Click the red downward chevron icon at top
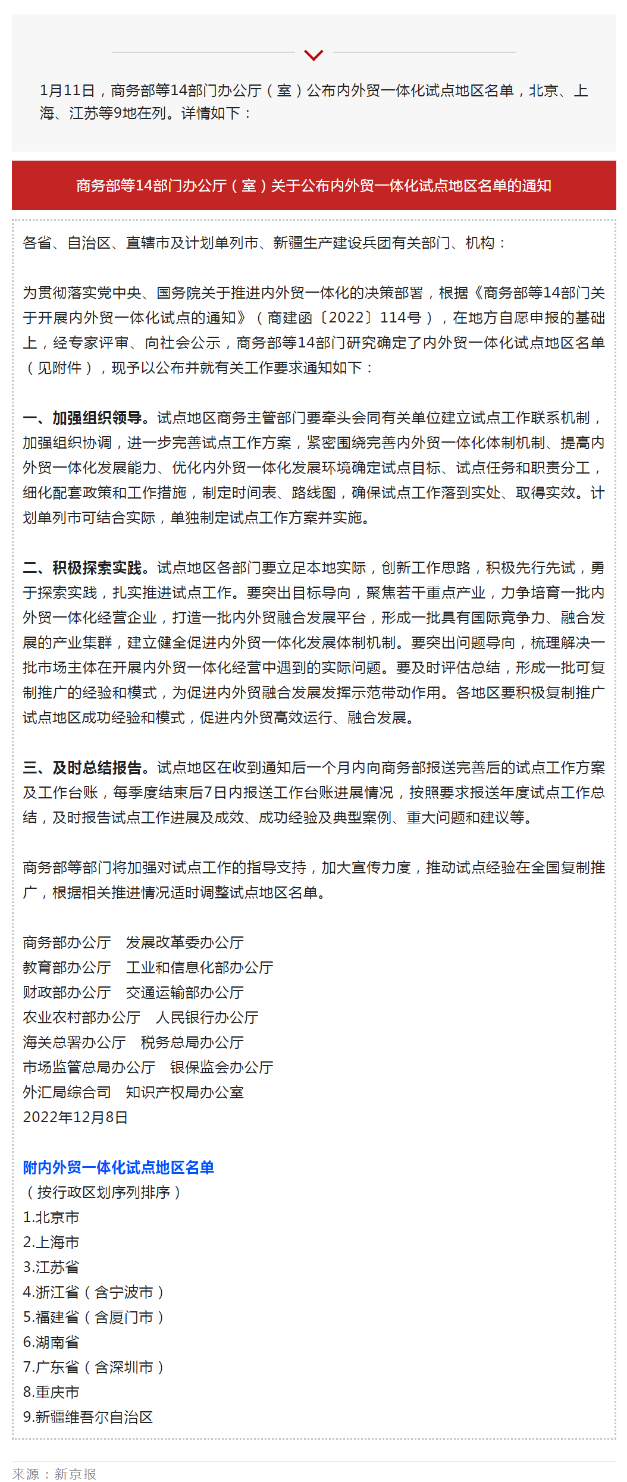pyautogui.click(x=313, y=55)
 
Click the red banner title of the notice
pyautogui.click(x=313, y=186)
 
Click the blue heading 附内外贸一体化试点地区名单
pyautogui.click(x=118, y=1167)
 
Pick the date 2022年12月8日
pyautogui.click(x=76, y=1117)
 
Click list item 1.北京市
pyautogui.click(x=51, y=1217)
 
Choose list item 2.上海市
pyautogui.click(x=51, y=1242)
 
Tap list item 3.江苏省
pyautogui.click(x=51, y=1267)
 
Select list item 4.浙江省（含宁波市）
pyautogui.click(x=93, y=1292)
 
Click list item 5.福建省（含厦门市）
pyautogui.click(x=93, y=1317)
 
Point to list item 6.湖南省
pyautogui.click(x=51, y=1342)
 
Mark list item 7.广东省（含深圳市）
pyautogui.click(x=93, y=1367)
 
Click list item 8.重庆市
pyautogui.click(x=51, y=1392)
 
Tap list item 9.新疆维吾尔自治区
pyautogui.click(x=88, y=1417)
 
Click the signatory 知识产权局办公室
pyautogui.click(x=185, y=1092)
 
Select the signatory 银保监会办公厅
pyautogui.click(x=222, y=1067)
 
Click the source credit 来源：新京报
pyautogui.click(x=54, y=1474)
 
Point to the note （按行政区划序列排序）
pyautogui.click(x=103, y=1192)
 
